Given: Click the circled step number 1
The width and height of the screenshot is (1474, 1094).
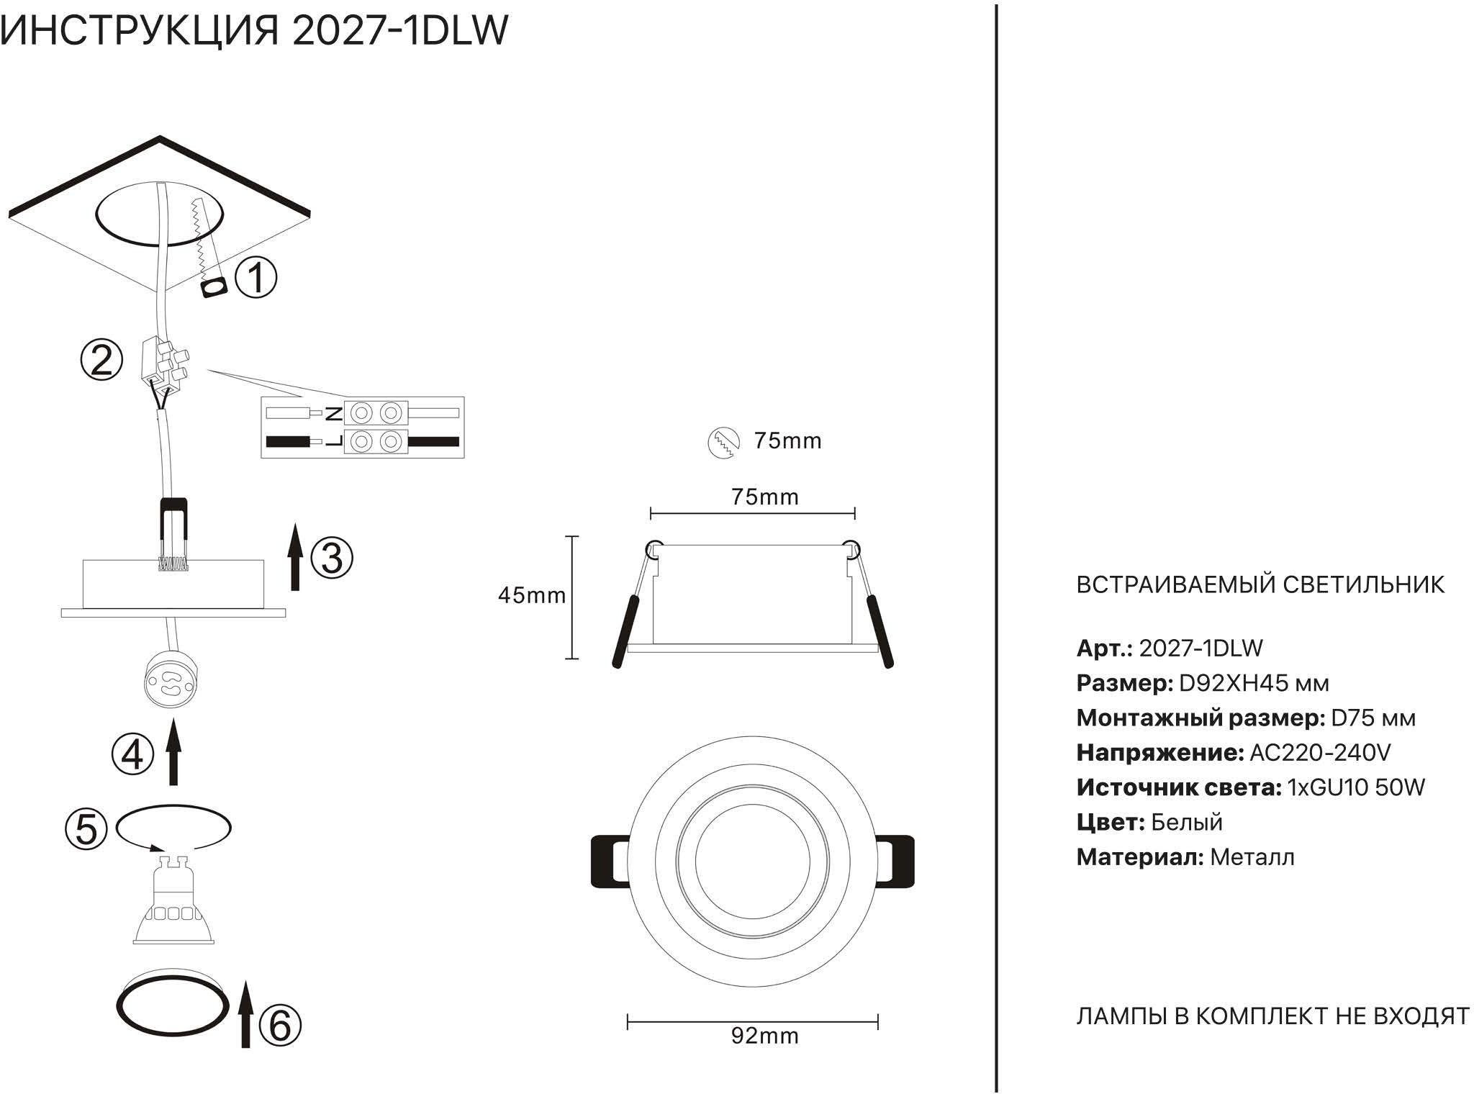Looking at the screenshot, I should (256, 278).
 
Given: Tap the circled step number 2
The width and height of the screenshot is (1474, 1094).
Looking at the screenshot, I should (101, 361).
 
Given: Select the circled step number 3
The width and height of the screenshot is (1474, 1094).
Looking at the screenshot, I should (332, 558).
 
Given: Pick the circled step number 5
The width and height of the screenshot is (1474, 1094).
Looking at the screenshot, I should (86, 829).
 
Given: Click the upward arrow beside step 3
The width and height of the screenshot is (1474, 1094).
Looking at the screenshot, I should (294, 558).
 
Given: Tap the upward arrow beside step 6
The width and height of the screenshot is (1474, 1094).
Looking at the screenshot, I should (245, 1015).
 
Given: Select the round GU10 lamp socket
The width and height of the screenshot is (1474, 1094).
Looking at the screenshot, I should (171, 680).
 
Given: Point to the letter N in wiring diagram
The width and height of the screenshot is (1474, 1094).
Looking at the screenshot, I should (334, 413).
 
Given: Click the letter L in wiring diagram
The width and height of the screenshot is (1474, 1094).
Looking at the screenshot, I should (334, 441).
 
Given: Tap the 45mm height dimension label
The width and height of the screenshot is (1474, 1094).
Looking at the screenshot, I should (531, 595).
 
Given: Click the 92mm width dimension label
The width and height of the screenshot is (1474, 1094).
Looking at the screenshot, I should (764, 1036).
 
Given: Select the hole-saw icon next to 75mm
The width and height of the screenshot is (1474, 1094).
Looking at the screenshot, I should (724, 442).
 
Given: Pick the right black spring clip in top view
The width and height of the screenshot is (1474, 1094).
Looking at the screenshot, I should (896, 861).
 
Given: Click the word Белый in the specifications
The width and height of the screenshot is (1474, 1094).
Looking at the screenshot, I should (1186, 822).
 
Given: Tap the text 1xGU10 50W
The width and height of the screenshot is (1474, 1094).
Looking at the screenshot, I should (1355, 787).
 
